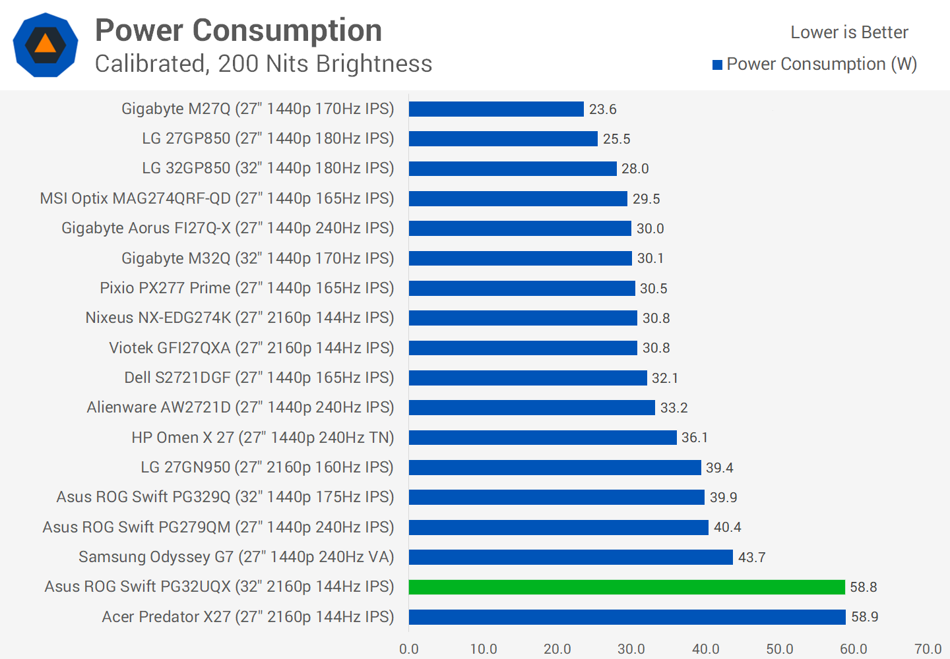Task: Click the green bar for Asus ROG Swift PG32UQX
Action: click(x=627, y=587)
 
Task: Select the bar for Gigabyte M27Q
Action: click(x=496, y=109)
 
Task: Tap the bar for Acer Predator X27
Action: click(x=627, y=617)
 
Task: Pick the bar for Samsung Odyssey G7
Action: click(x=571, y=558)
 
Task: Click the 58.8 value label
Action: click(x=864, y=587)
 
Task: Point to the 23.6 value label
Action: click(x=602, y=109)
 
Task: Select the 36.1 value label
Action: click(x=694, y=438)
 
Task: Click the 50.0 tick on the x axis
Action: click(x=779, y=649)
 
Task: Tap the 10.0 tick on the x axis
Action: click(x=483, y=649)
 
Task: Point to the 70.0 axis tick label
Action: click(x=928, y=649)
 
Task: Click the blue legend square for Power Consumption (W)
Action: click(x=718, y=65)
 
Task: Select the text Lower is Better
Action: click(x=849, y=32)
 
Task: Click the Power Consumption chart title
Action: click(x=238, y=30)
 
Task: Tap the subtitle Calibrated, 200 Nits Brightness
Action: click(x=263, y=64)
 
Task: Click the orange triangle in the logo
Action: click(x=46, y=44)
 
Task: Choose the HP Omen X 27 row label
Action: click(x=263, y=438)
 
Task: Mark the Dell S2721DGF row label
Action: click(x=259, y=378)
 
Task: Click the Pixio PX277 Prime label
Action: click(x=247, y=288)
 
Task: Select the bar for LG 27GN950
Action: click(x=555, y=468)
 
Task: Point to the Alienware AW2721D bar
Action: click(x=532, y=408)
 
